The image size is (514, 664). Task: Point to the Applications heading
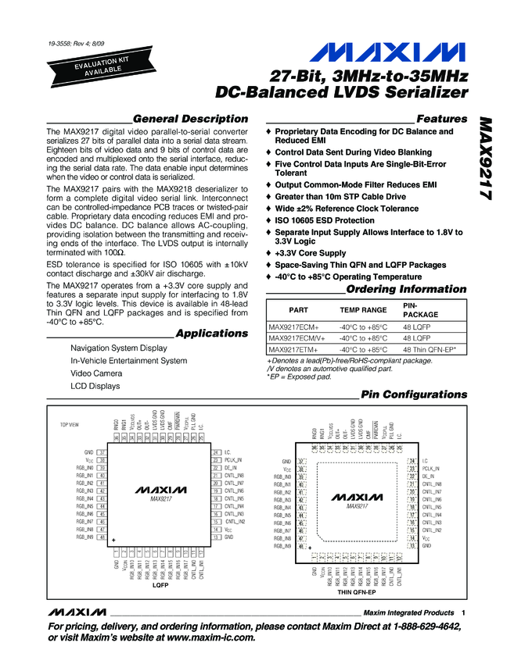(x=211, y=334)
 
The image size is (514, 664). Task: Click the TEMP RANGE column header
(x=363, y=309)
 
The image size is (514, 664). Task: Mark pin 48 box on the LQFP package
(x=102, y=537)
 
